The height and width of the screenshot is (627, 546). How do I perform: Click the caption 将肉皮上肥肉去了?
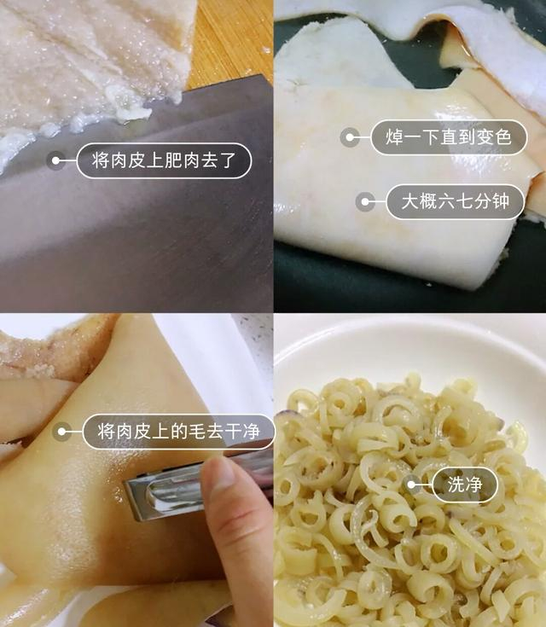click(164, 160)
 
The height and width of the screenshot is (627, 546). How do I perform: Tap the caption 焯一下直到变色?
click(449, 137)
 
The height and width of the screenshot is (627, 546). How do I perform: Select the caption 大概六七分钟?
click(456, 201)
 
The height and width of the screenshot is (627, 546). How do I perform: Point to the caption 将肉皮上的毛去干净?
click(179, 432)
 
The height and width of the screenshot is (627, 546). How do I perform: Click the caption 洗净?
click(465, 485)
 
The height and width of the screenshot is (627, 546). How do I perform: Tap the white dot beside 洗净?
click(411, 485)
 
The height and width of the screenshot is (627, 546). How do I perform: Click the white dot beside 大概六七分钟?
click(365, 201)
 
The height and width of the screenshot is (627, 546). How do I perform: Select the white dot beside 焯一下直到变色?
click(350, 137)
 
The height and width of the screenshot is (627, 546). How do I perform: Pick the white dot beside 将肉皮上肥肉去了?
click(55, 160)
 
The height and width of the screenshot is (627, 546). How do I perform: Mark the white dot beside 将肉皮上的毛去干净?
click(61, 432)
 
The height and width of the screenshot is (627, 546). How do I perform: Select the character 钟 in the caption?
click(501, 201)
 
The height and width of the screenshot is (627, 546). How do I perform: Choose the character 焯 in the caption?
click(394, 137)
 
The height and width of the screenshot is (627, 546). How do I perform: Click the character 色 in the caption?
click(502, 137)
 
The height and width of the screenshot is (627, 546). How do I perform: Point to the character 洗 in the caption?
click(456, 485)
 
